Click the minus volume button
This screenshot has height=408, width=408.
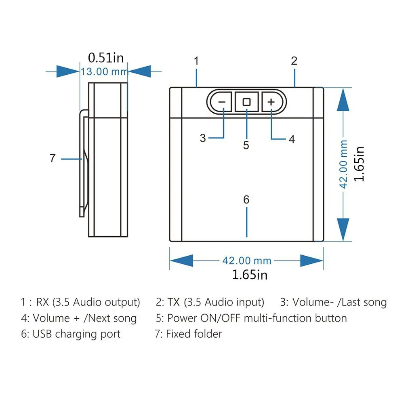[x=221, y=102]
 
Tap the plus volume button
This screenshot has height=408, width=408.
[x=271, y=102]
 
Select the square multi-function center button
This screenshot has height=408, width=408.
[x=247, y=102]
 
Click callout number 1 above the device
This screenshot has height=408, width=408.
[x=196, y=61]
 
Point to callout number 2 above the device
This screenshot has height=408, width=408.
[x=294, y=61]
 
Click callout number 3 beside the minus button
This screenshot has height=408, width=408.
[x=203, y=138]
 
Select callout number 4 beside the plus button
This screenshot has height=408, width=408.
[x=292, y=139]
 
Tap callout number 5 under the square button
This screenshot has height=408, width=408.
[x=246, y=145]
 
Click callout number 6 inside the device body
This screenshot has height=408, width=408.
[x=246, y=200]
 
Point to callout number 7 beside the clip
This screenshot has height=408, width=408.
[x=53, y=158]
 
